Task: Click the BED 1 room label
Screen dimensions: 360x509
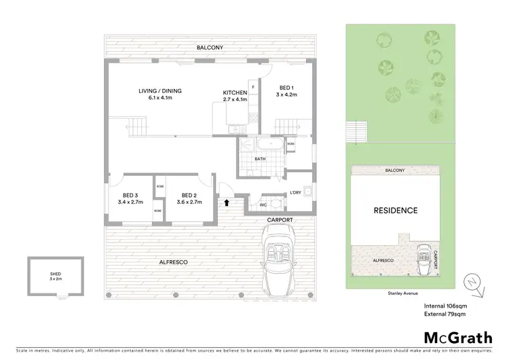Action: (286, 88)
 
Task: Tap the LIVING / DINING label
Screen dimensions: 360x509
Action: (160, 91)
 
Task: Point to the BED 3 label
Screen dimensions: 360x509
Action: (130, 196)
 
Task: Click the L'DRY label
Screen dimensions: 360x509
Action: (295, 193)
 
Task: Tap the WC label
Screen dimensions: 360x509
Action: (263, 204)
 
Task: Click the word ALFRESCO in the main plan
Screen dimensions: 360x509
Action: (173, 262)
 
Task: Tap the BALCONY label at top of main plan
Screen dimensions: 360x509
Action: (210, 48)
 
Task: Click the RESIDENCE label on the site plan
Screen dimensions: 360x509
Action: (396, 211)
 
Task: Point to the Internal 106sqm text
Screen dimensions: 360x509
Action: (445, 306)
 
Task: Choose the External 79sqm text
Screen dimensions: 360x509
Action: (445, 314)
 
